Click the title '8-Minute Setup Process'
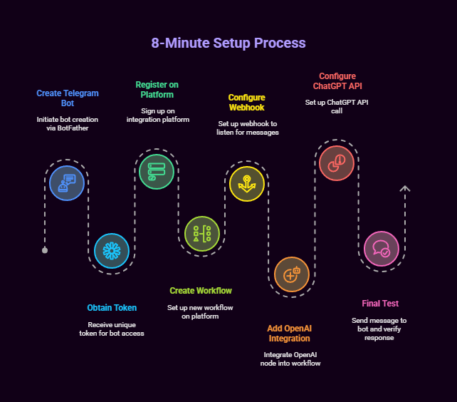(x=228, y=43)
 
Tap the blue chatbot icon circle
(x=67, y=183)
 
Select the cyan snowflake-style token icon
(x=112, y=251)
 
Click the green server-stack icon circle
(x=157, y=172)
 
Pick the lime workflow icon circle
(x=202, y=234)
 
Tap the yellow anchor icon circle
(x=247, y=184)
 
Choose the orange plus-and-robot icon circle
(x=292, y=274)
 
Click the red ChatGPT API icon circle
(x=337, y=163)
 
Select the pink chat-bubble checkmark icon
(x=382, y=249)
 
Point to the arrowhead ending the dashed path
(x=405, y=189)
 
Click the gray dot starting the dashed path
(x=45, y=250)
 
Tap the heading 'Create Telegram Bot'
(x=68, y=98)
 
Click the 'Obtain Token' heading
(x=112, y=308)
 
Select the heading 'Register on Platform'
(x=157, y=90)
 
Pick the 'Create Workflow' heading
(x=201, y=291)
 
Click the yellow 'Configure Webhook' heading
(x=247, y=103)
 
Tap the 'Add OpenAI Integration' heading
(x=290, y=334)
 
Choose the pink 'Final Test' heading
(x=380, y=304)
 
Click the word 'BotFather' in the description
(x=73, y=128)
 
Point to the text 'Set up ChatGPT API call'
(x=337, y=106)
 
